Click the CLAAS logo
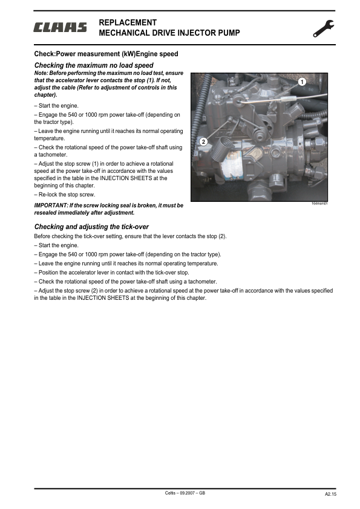pyautogui.click(x=60, y=27)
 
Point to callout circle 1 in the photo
pyautogui.click(x=301, y=81)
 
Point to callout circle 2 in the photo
pyautogui.click(x=203, y=141)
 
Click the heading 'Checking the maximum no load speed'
pyautogui.click(x=94, y=65)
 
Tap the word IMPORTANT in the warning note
pyautogui.click(x=51, y=206)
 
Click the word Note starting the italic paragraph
pyautogui.click(x=41, y=73)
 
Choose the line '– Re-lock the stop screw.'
pyautogui.click(x=65, y=195)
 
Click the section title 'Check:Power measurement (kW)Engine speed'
pyautogui.click(x=106, y=54)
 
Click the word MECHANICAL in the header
pyautogui.click(x=125, y=33)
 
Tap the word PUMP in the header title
pyautogui.click(x=228, y=33)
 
